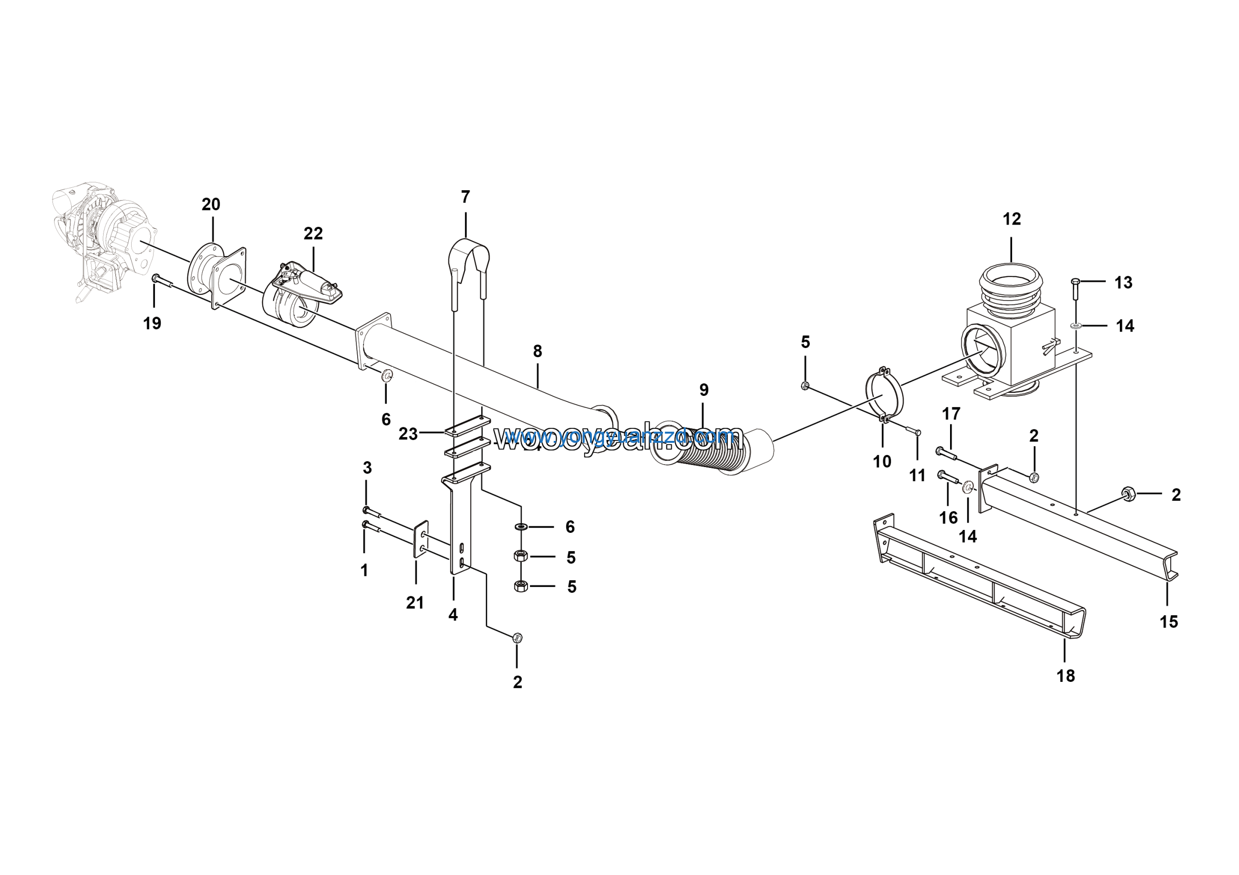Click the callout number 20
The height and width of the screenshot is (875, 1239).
211,204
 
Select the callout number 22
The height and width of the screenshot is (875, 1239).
313,234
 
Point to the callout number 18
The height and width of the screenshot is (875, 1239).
1065,676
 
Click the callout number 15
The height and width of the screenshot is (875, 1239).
1169,622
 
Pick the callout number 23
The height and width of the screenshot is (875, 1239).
408,434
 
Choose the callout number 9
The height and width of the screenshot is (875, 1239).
704,390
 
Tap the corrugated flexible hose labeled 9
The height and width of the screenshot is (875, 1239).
696,451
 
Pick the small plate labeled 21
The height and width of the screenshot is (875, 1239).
421,539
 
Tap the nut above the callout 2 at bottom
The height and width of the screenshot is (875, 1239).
516,638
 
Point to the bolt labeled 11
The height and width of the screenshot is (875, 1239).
911,431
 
